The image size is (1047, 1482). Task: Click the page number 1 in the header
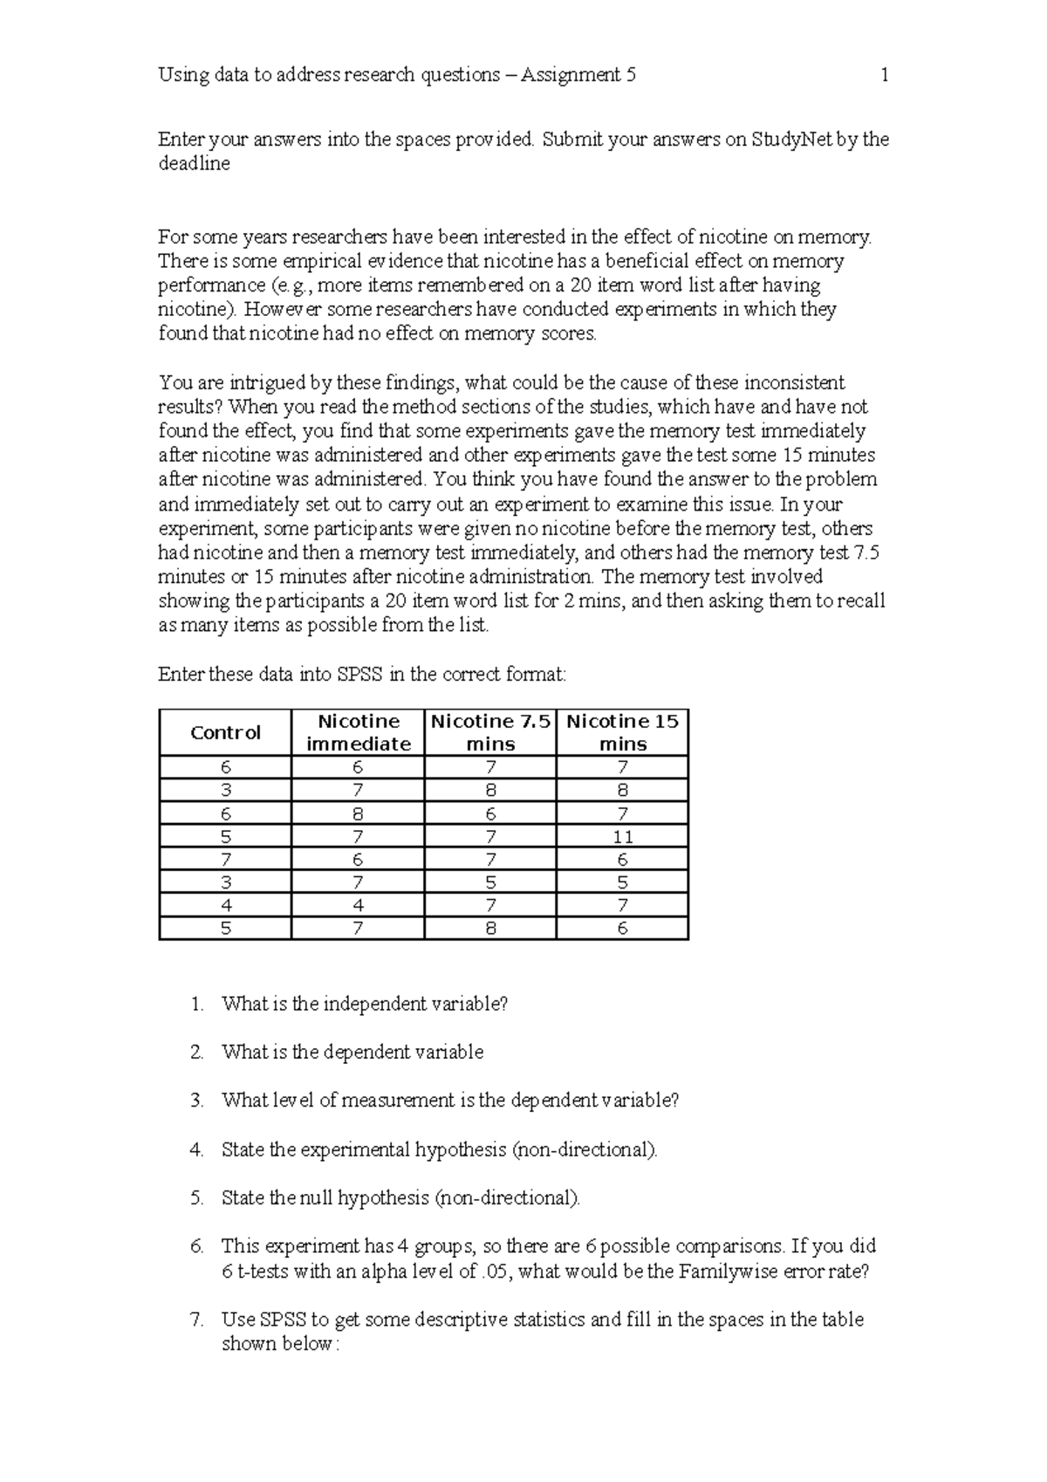(884, 75)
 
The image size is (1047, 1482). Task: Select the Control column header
(225, 733)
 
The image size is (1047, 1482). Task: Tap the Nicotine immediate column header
(358, 733)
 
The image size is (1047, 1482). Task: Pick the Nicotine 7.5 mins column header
(490, 733)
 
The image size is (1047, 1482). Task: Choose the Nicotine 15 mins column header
(622, 733)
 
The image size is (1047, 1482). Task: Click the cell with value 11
(622, 837)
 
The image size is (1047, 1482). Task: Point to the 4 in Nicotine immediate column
(358, 906)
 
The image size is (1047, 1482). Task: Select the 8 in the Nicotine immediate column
(358, 814)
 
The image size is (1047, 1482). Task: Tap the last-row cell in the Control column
(225, 929)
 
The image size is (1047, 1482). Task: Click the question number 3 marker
(196, 1101)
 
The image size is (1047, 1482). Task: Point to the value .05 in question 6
(495, 1272)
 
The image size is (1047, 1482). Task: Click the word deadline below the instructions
(194, 164)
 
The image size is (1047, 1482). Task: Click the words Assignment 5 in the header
(578, 75)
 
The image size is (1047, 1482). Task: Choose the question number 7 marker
(196, 1320)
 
